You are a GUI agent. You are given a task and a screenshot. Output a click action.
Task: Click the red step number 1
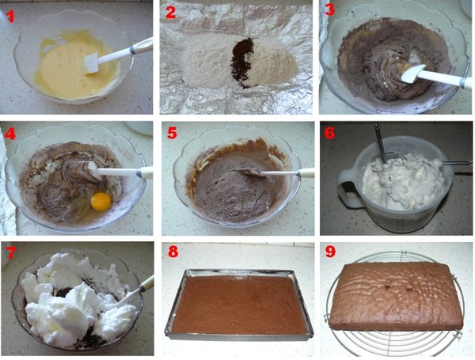pyautogui.click(x=10, y=16)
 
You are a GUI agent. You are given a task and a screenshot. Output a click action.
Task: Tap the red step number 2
pyautogui.click(x=171, y=13)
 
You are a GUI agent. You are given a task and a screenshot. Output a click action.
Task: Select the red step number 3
pyautogui.click(x=329, y=9)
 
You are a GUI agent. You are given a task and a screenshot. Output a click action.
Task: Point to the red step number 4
pyautogui.click(x=10, y=134)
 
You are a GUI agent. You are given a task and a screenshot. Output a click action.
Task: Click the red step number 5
pyautogui.click(x=172, y=133)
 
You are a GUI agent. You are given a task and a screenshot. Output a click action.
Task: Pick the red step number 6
pyautogui.click(x=330, y=133)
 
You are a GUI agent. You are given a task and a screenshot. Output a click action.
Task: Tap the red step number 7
pyautogui.click(x=10, y=253)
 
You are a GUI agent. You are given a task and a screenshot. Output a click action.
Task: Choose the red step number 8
pyautogui.click(x=173, y=252)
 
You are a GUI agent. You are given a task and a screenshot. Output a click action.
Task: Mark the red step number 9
pyautogui.click(x=330, y=252)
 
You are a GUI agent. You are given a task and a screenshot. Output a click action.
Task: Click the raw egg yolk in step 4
pyautogui.click(x=101, y=201)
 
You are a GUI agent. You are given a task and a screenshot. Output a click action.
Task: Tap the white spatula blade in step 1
pyautogui.click(x=92, y=63)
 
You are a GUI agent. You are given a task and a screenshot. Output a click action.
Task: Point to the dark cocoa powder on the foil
pyautogui.click(x=242, y=62)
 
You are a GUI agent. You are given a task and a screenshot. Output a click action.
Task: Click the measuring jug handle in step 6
pyautogui.click(x=348, y=188)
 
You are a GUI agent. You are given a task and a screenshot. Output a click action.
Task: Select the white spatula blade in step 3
pyautogui.click(x=412, y=74)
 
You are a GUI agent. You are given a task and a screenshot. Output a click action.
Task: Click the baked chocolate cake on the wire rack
pyautogui.click(x=395, y=295)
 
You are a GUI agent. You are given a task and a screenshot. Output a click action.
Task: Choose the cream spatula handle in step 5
pyautogui.click(x=306, y=173)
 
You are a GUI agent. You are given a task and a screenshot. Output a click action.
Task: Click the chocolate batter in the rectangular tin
pyautogui.click(x=239, y=304)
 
